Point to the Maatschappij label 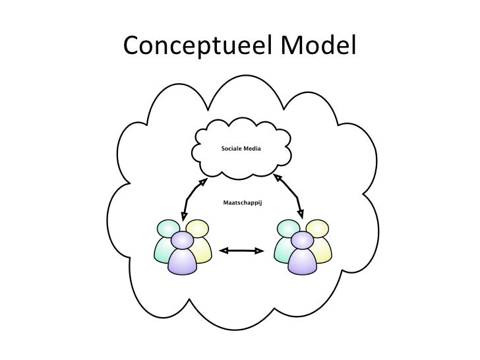point(241,204)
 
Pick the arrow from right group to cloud point(290,196)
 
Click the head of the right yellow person point(318,228)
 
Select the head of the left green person point(165,228)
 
